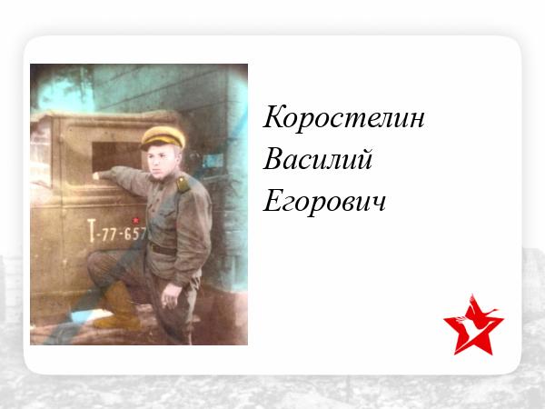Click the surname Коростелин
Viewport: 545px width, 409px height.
coord(343,117)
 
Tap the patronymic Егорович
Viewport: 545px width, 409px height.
coord(324,202)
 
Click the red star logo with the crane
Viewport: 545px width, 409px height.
coord(473,324)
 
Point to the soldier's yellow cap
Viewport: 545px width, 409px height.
coord(163,136)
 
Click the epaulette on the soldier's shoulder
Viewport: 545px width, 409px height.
coord(183,185)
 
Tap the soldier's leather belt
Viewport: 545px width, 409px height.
coord(163,249)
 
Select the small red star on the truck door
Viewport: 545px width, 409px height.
coord(135,221)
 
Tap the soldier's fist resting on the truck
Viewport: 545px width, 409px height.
coord(96,175)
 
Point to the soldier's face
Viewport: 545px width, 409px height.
coord(160,162)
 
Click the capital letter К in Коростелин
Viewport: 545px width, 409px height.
coord(275,117)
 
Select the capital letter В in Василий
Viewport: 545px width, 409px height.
coord(274,159)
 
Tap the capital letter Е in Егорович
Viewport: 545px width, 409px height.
coord(274,201)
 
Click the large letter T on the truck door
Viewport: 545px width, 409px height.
coord(91,230)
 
